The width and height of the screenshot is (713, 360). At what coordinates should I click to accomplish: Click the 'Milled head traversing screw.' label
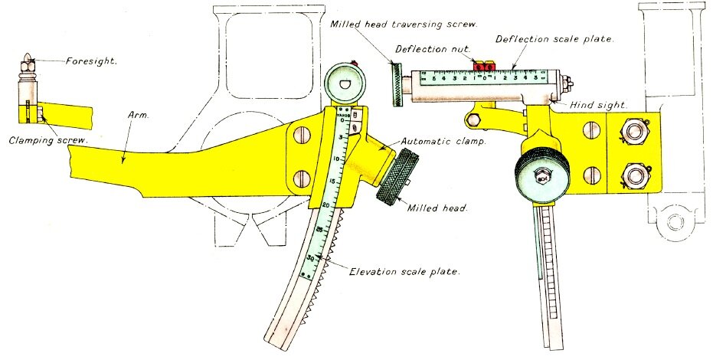point(404,25)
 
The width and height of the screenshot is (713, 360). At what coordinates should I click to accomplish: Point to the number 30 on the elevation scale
point(310,258)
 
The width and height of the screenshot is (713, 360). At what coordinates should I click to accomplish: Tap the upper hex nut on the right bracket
point(636,132)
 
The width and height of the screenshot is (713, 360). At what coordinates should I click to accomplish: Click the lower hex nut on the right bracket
point(636,178)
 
